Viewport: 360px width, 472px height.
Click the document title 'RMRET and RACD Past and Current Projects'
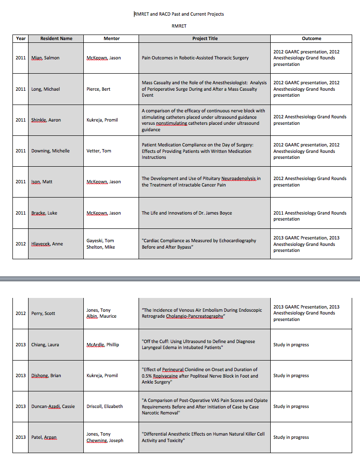pyautogui.click(x=179, y=14)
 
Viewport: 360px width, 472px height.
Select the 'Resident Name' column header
pyautogui.click(x=56, y=39)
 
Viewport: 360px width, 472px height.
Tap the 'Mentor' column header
pyautogui.click(x=112, y=39)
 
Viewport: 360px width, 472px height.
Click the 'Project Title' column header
pyautogui.click(x=205, y=39)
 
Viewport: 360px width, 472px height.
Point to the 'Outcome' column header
pyautogui.click(x=311, y=39)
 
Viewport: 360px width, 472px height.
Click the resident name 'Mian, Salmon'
pyautogui.click(x=46, y=58)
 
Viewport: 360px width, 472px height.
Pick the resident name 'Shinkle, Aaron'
pyautogui.click(x=46, y=120)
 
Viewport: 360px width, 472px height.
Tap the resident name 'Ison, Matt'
pyautogui.click(x=42, y=182)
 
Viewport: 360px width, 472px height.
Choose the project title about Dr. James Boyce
pyautogui.click(x=187, y=213)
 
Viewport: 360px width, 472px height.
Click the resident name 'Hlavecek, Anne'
pyautogui.click(x=47, y=244)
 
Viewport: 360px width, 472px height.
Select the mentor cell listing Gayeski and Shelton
pyautogui.click(x=101, y=244)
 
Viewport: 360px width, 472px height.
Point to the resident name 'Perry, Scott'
pyautogui.click(x=43, y=314)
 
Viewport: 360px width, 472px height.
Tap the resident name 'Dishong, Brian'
pyautogui.click(x=46, y=376)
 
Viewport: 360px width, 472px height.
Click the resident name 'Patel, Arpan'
pyautogui.click(x=44, y=437)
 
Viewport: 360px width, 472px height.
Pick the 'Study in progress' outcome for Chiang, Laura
pyautogui.click(x=291, y=345)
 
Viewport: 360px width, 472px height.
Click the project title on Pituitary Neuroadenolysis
pyautogui.click(x=201, y=182)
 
